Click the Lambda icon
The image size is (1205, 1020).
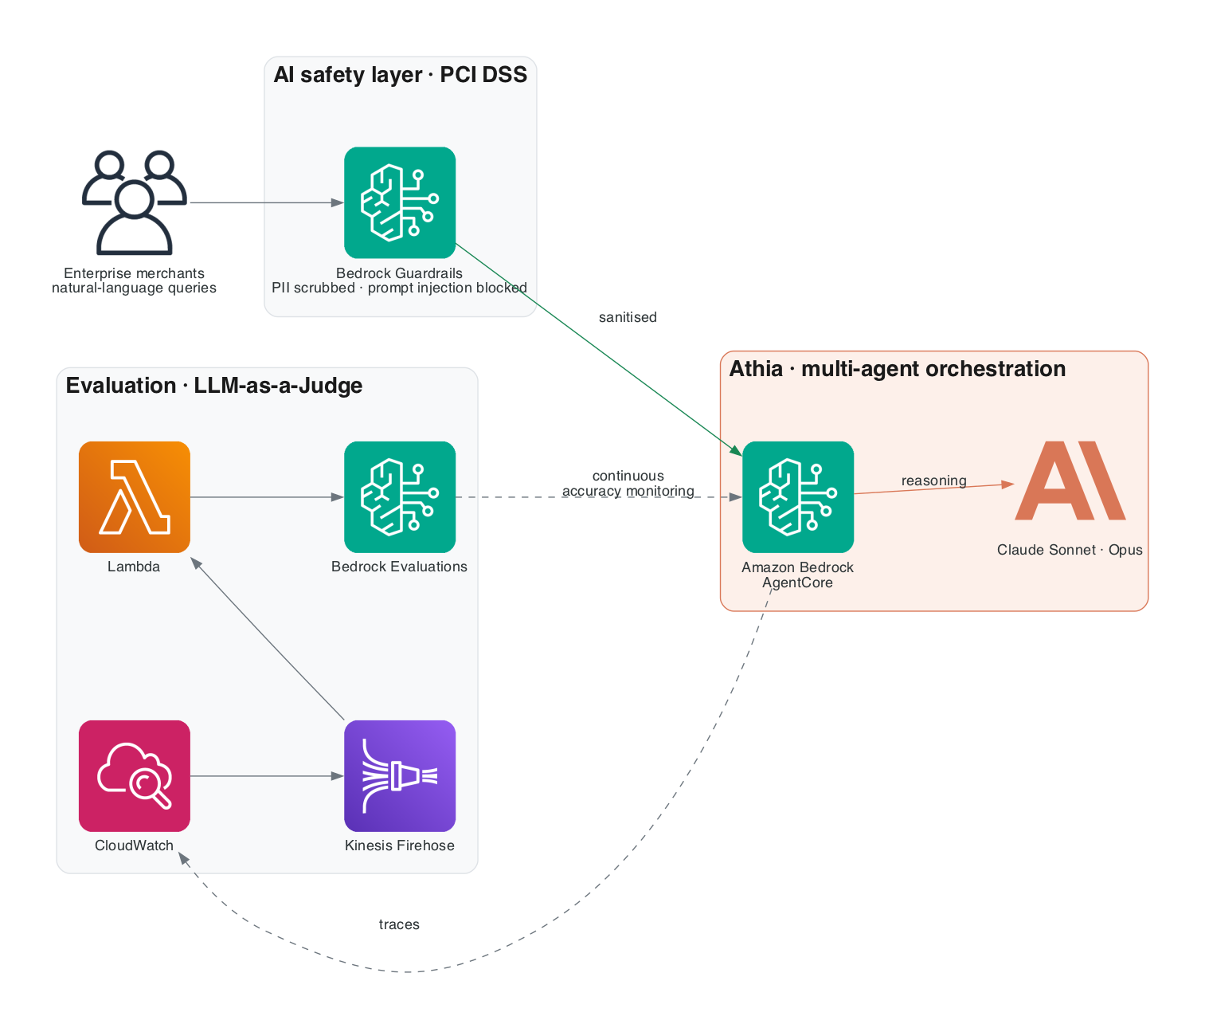point(134,497)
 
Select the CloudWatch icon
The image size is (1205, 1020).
point(134,775)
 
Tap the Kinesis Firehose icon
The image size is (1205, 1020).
point(399,775)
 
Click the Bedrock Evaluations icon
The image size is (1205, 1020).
point(399,497)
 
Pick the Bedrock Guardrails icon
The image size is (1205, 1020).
point(399,202)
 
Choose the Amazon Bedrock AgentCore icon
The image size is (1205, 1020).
point(797,497)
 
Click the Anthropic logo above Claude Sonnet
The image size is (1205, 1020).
point(1070,480)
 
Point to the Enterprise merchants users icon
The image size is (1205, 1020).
point(134,202)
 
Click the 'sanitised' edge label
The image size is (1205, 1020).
point(628,317)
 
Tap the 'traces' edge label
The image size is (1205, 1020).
point(399,924)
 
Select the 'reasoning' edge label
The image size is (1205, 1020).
point(933,481)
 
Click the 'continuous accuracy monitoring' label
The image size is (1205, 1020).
point(628,484)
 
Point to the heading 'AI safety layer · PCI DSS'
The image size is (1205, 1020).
point(400,75)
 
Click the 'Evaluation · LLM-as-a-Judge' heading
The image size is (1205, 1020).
point(214,386)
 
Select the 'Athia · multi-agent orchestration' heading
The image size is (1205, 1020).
point(898,369)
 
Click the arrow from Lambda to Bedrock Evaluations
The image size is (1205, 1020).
point(267,497)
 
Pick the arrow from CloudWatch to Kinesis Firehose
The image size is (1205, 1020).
point(267,775)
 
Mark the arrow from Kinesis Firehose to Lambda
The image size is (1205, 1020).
point(268,638)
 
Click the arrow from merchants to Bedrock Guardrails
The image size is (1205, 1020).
point(267,202)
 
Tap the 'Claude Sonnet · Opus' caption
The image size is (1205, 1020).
point(1069,550)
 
